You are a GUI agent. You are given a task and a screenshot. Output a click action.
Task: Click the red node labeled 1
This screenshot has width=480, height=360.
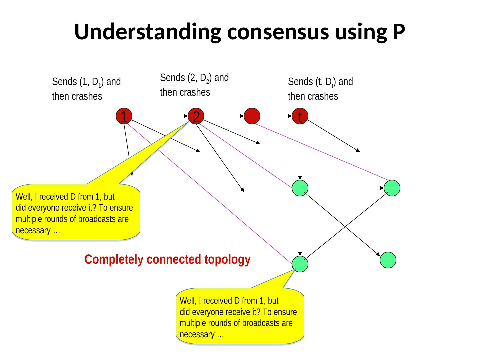[124, 117]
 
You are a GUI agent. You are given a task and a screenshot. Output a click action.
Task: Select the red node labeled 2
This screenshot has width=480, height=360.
[196, 117]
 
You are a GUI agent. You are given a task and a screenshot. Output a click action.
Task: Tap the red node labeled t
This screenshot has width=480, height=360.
[300, 117]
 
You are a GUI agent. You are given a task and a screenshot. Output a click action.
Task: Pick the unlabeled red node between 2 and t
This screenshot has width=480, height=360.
[252, 116]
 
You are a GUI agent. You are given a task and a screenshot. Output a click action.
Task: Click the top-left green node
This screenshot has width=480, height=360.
[300, 188]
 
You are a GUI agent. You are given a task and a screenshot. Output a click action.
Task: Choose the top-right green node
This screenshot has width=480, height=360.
[392, 188]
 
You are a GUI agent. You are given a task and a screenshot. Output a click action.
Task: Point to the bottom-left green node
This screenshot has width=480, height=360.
[300, 264]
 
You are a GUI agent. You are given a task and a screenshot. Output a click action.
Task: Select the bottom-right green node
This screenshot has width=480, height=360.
[388, 260]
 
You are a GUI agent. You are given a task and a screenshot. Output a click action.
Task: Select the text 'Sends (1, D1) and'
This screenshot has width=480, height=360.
[86, 82]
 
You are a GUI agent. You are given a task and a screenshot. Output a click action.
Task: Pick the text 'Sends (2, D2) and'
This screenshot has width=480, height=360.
[194, 78]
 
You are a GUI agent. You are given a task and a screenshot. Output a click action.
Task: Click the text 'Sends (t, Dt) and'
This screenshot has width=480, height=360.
[320, 82]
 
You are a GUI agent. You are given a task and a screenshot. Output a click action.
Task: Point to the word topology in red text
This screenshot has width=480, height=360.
[227, 259]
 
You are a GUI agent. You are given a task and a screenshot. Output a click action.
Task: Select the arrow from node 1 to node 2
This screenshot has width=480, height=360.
[160, 116]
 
